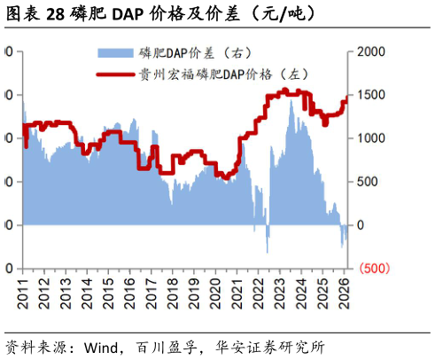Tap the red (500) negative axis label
(x=370, y=268)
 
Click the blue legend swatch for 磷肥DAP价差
(x=116, y=51)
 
